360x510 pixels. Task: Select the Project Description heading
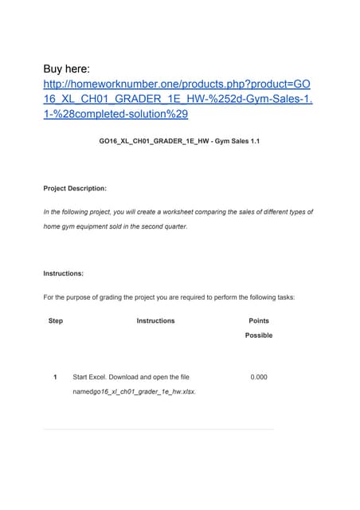click(x=75, y=189)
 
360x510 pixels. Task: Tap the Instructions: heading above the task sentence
click(x=64, y=273)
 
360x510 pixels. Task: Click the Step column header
click(x=56, y=321)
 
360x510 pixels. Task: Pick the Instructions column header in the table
click(x=155, y=321)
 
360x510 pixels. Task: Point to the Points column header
click(x=259, y=321)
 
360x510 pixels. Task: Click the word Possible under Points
click(x=259, y=335)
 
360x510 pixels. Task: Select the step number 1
click(x=55, y=377)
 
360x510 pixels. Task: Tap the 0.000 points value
click(x=259, y=377)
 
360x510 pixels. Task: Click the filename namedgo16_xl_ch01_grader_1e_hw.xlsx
click(x=135, y=391)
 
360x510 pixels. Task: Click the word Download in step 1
click(x=139, y=377)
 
